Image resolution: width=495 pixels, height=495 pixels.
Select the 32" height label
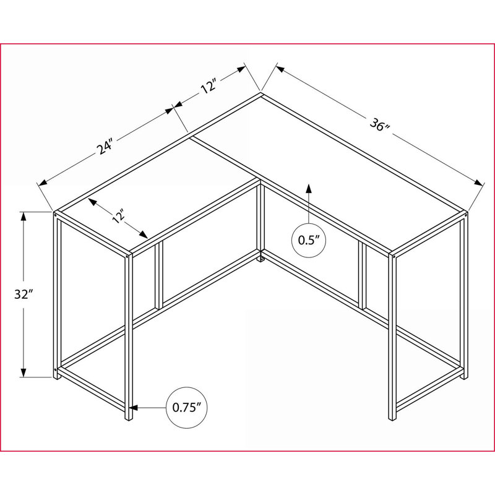click(24, 295)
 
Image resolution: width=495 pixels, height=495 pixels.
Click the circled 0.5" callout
click(308, 241)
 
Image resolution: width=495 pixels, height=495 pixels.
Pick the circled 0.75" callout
click(187, 408)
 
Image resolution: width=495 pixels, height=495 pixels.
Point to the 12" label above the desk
click(209, 86)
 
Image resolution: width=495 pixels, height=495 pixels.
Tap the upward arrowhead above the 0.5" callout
click(308, 188)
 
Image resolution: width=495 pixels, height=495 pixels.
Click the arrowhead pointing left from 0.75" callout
click(134, 408)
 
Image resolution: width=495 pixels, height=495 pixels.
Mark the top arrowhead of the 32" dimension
click(24, 217)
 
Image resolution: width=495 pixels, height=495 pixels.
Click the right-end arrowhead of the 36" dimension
click(478, 183)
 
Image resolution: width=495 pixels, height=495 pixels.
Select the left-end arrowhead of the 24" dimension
click(43, 183)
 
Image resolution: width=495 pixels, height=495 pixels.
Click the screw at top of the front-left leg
click(127, 257)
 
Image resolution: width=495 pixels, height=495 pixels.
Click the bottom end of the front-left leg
click(128, 418)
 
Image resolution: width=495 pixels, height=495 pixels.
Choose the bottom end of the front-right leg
click(392, 418)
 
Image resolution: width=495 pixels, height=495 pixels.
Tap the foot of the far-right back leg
click(462, 376)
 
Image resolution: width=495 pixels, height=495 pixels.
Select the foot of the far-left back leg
click(56, 377)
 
